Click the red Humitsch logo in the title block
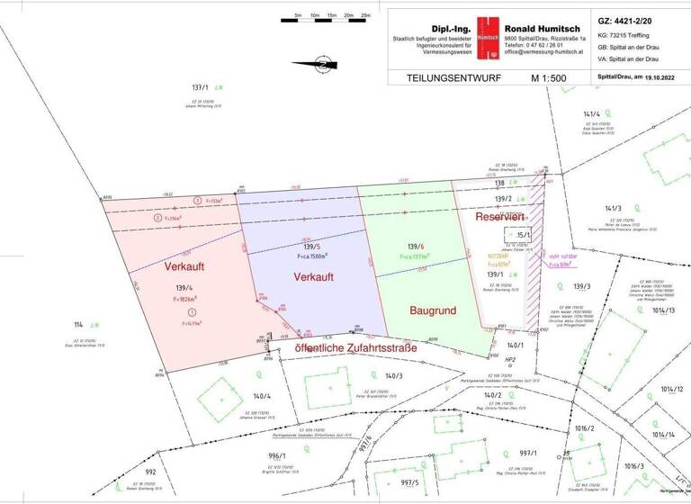488,37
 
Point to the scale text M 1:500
548,79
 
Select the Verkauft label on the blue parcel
314,277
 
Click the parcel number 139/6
415,245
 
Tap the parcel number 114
78,324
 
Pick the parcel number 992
150,471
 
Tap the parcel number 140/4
262,396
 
